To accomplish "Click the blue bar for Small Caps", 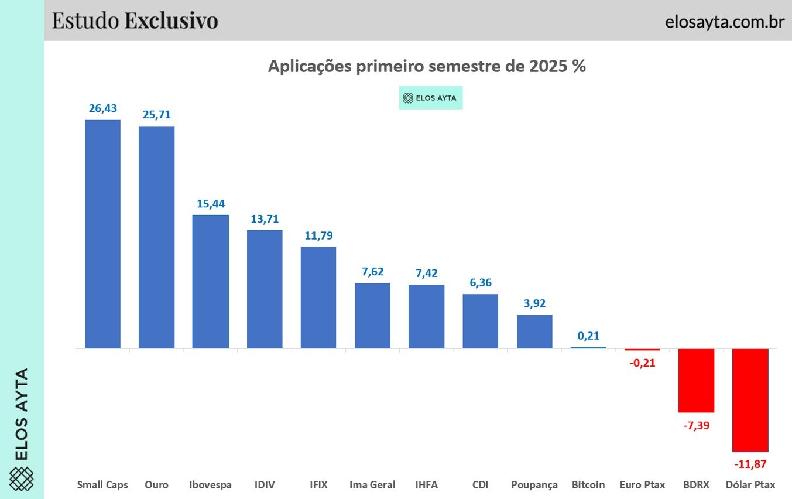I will tap(102, 234).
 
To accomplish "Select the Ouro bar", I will tap(156, 237).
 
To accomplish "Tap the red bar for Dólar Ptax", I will tap(750, 400).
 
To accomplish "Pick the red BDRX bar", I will tap(696, 381).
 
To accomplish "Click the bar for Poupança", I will tap(534, 331).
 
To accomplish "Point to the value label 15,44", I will tap(210, 204).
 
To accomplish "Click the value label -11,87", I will tap(750, 464).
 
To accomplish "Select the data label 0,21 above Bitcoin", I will tap(588, 336).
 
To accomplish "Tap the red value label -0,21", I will tap(642, 363).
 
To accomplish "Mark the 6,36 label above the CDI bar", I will tap(480, 282).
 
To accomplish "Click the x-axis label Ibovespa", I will tap(210, 485).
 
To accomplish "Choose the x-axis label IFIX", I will tap(318, 485).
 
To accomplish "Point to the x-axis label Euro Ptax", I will tap(642, 485).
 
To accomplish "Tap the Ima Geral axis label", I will tap(372, 485).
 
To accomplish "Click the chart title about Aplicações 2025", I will tap(427, 66).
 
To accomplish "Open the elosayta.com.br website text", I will tap(724, 21).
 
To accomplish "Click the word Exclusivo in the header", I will tap(171, 20).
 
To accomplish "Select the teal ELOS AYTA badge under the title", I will tap(430, 98).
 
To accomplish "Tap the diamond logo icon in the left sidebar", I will tap(22, 479).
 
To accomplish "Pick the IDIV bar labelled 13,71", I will tap(265, 289).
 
